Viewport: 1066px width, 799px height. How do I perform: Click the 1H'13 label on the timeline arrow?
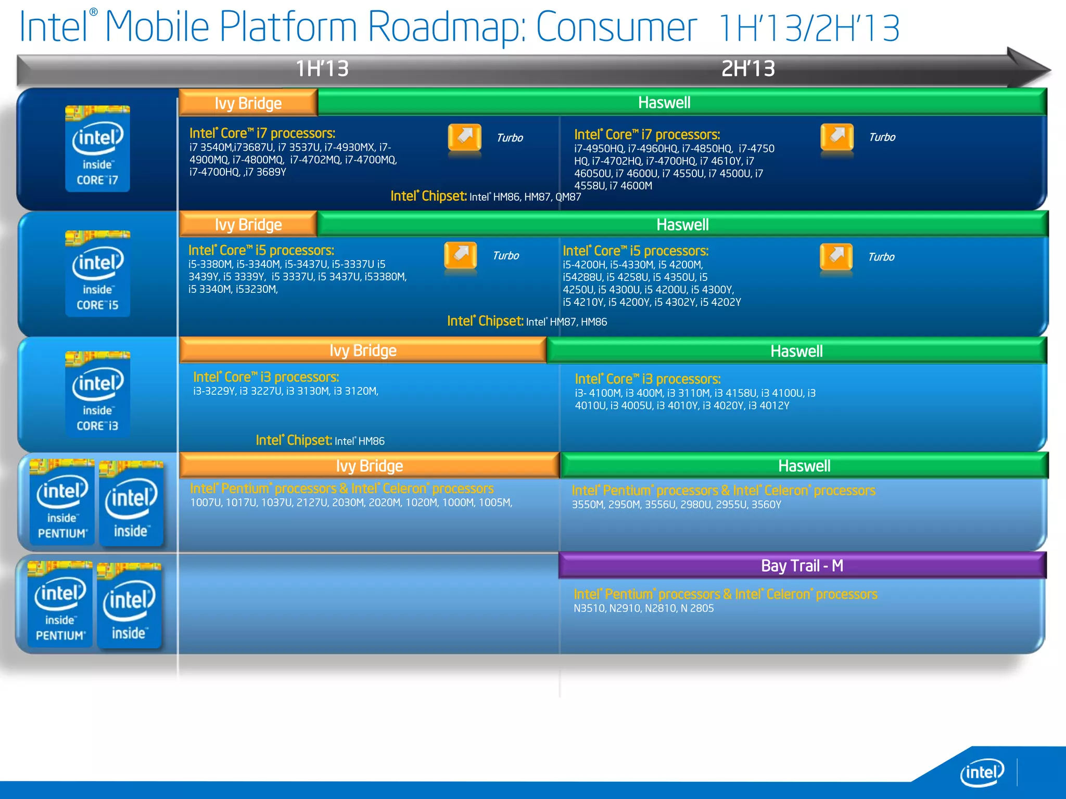[322, 69]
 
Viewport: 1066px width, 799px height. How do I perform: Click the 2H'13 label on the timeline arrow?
[748, 69]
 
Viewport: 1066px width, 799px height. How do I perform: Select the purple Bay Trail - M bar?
[802, 565]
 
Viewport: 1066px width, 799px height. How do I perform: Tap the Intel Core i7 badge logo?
[97, 149]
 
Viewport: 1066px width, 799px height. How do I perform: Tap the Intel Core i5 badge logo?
[97, 274]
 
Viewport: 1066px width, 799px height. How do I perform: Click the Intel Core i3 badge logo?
[97, 394]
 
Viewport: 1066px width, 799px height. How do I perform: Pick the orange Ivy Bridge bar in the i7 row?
[248, 103]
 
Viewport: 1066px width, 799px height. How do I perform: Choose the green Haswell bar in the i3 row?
[796, 351]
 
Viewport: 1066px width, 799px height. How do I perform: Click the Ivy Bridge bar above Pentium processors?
[369, 466]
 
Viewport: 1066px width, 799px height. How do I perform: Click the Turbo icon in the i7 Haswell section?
[837, 137]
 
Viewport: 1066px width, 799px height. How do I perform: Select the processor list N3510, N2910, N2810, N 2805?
[643, 608]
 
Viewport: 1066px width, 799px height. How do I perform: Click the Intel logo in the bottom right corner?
[982, 772]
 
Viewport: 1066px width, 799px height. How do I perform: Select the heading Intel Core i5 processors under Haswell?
[635, 251]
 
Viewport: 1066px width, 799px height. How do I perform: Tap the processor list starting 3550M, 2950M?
[676, 505]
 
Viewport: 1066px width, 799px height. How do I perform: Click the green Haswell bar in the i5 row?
[682, 225]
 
